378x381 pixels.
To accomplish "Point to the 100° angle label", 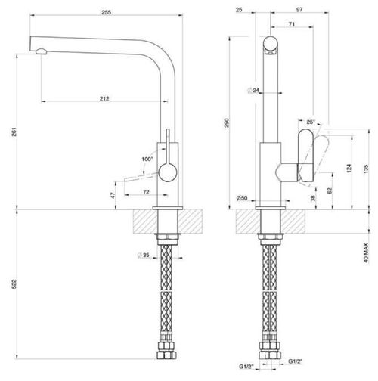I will coord(147,159).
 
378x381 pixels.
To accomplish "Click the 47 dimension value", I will coord(113,195).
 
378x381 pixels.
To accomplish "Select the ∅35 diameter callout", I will coord(144,256).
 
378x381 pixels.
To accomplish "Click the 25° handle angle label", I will coord(311,122).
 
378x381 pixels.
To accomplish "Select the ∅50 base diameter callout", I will coord(241,198).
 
